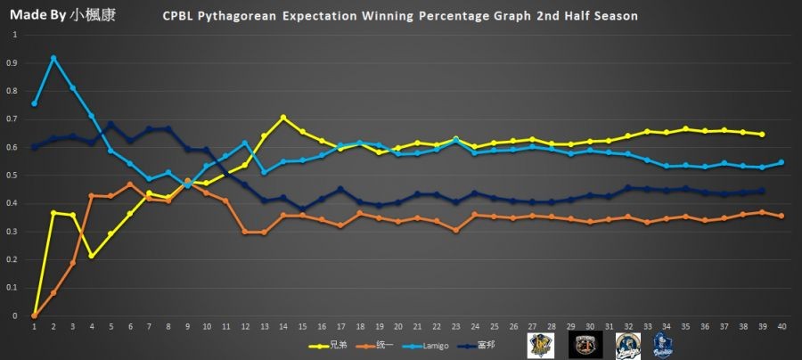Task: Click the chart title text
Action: [x=400, y=17]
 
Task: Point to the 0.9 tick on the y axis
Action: [x=11, y=63]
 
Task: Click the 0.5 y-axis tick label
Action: [x=11, y=176]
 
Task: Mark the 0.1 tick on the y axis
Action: [x=11, y=288]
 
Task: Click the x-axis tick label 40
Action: [x=782, y=327]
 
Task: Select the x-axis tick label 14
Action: [x=283, y=327]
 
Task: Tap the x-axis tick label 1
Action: [x=34, y=327]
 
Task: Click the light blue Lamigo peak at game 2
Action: [x=53, y=58]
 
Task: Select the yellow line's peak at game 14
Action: [x=283, y=118]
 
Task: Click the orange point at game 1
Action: [x=34, y=315]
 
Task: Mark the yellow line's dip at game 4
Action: [x=92, y=256]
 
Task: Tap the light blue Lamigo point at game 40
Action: [x=782, y=162]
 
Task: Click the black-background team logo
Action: [x=584, y=344]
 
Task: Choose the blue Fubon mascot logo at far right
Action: [x=663, y=344]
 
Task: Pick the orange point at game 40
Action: [x=782, y=216]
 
